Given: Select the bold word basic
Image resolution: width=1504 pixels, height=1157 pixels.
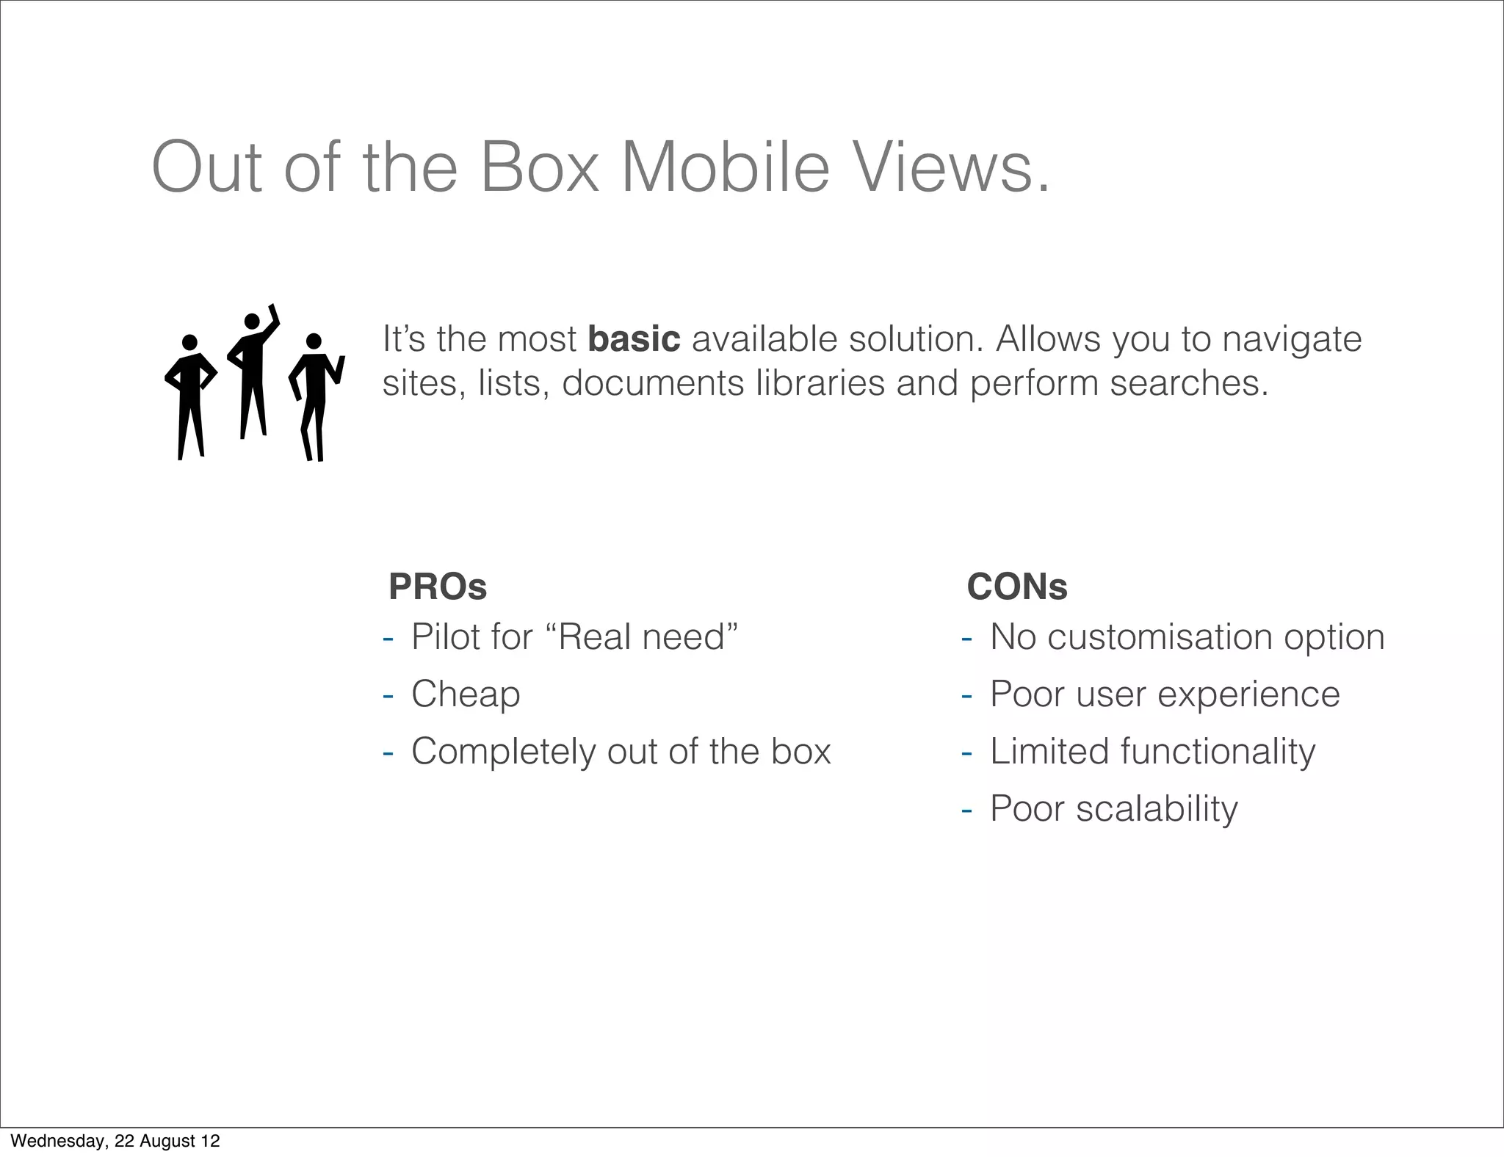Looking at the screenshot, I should pyautogui.click(x=634, y=339).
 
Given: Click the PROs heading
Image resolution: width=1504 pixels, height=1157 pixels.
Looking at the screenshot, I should pyautogui.click(x=438, y=587).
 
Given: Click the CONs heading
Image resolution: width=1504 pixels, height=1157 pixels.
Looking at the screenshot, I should pyautogui.click(x=1017, y=587).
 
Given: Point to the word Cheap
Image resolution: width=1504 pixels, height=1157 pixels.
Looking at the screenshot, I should pyautogui.click(x=466, y=694).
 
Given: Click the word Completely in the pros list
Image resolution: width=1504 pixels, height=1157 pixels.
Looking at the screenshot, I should pyautogui.click(x=503, y=752).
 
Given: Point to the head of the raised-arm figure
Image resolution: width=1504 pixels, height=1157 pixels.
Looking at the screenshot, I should pyautogui.click(x=252, y=322).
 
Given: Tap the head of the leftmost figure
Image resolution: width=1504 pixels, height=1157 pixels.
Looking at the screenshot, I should pyautogui.click(x=189, y=342).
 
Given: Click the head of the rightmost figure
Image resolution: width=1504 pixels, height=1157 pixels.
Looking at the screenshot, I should pyautogui.click(x=314, y=341).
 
